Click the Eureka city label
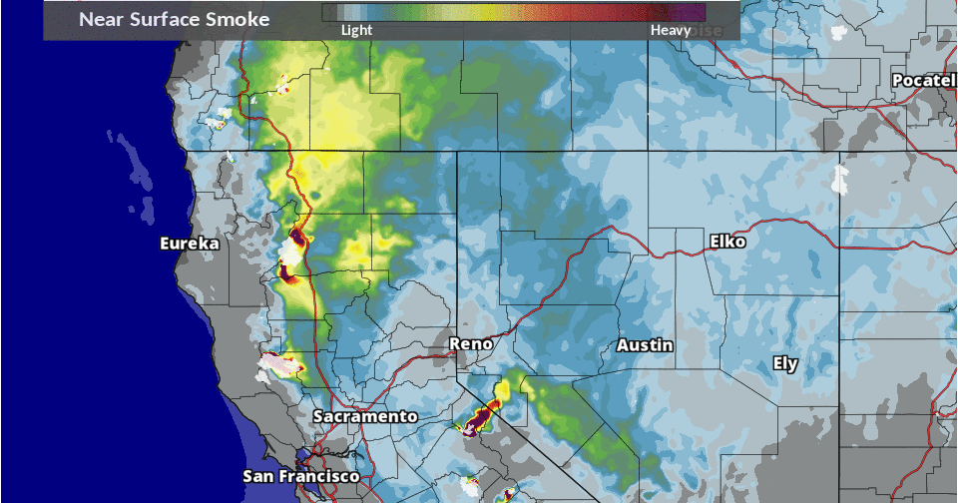tap(190, 244)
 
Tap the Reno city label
tap(471, 343)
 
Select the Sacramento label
tap(364, 415)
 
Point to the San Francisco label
tap(301, 477)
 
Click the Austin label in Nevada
tap(644, 345)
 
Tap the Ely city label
tap(785, 363)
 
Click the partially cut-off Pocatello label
tap(925, 79)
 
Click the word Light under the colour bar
tap(356, 30)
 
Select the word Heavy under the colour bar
tap(671, 30)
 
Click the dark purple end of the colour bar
tap(694, 12)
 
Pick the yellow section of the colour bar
tap(469, 12)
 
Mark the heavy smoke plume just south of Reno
tap(481, 416)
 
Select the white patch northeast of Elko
tap(839, 180)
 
